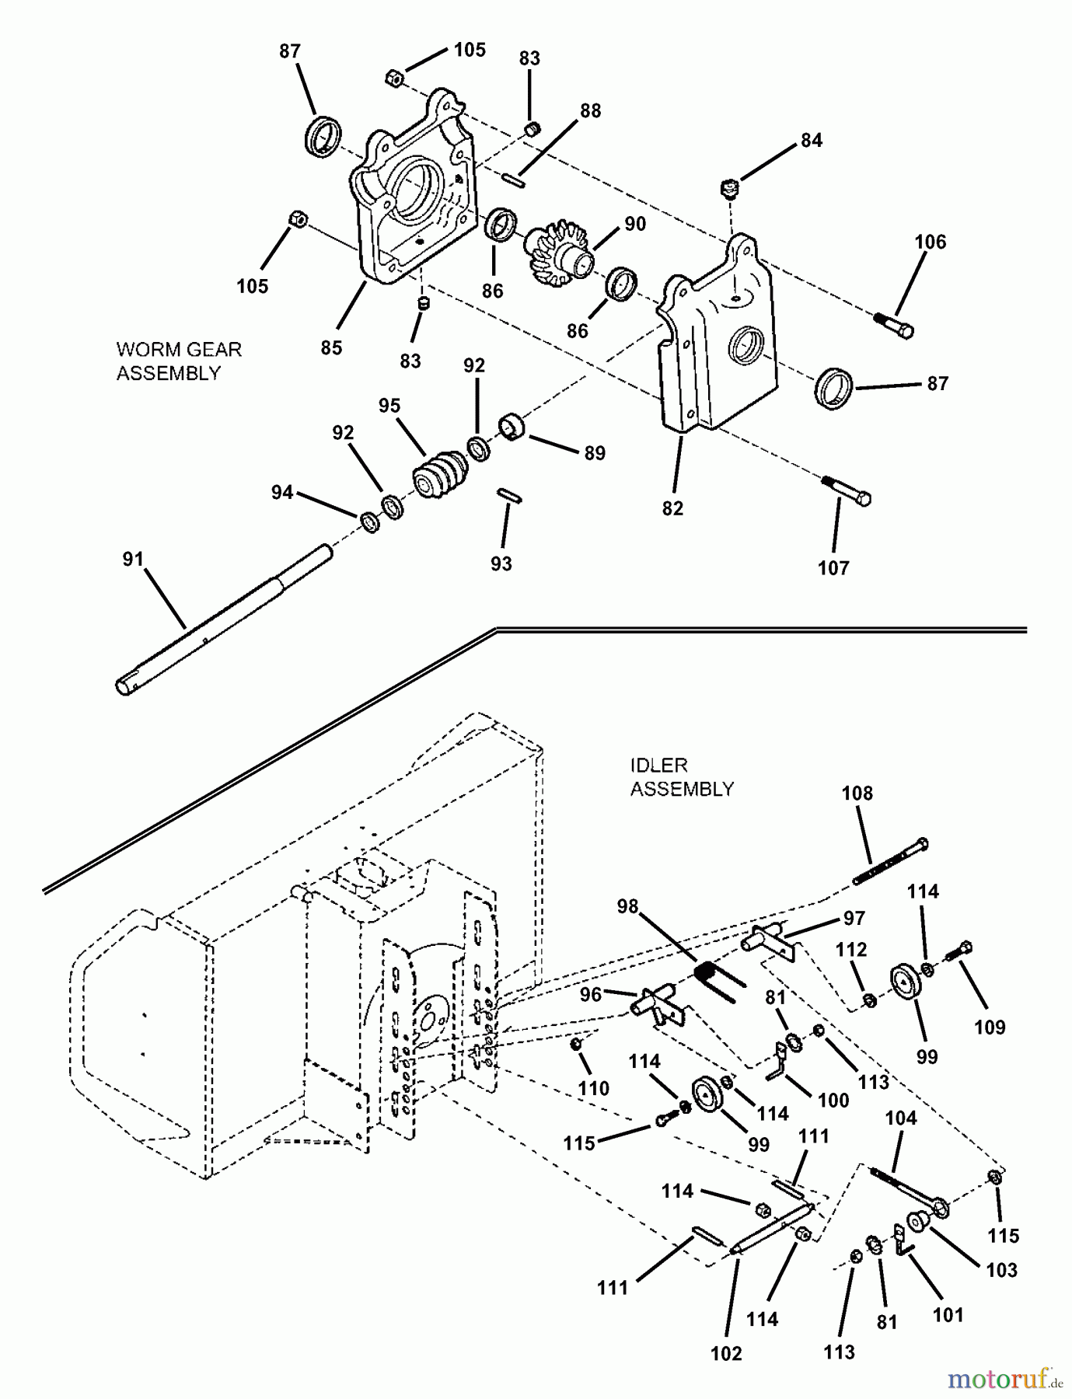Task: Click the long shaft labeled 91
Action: (225, 618)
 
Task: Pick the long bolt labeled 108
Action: (891, 862)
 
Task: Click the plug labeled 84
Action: (728, 187)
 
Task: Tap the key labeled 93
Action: (510, 495)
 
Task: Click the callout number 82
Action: (672, 508)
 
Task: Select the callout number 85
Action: (331, 347)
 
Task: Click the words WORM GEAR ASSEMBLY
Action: (179, 361)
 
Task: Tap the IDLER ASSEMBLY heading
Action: (682, 777)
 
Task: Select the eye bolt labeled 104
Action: (910, 1190)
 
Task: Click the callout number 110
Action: (594, 1089)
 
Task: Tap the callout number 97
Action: (854, 918)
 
